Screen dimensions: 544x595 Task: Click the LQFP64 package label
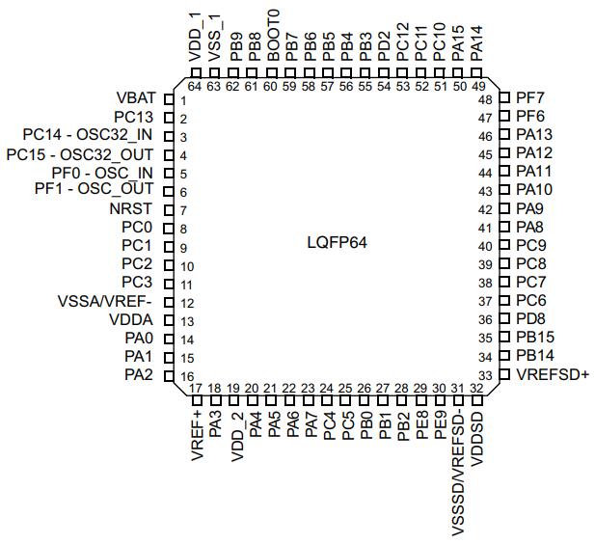tap(336, 242)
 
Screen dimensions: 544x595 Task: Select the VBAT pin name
tap(137, 99)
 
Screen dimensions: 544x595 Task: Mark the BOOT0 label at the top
tap(273, 37)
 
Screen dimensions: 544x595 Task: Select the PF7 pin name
tap(530, 99)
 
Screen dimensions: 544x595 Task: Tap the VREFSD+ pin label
tap(553, 374)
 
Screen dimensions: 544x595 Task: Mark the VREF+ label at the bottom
tap(196, 437)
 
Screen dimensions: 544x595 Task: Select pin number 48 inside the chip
tap(486, 100)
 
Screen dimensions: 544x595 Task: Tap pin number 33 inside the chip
tap(486, 375)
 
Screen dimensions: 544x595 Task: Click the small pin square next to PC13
tap(169, 119)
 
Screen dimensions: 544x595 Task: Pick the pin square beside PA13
tap(502, 136)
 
